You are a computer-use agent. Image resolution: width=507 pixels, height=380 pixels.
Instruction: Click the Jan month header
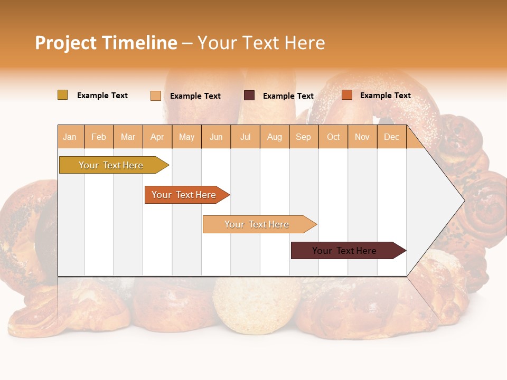(70, 137)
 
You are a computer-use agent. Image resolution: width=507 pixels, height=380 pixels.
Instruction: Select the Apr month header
(157, 137)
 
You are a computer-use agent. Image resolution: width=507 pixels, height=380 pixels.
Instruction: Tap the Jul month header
(246, 137)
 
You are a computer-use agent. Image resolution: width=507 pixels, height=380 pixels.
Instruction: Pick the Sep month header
(303, 137)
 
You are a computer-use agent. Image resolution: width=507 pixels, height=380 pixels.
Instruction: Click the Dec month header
(391, 137)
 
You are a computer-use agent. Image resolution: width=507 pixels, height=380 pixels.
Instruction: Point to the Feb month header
(99, 137)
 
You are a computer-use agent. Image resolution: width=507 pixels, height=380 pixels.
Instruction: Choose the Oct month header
(333, 137)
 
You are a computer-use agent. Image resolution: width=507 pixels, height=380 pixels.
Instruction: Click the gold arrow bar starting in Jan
(111, 165)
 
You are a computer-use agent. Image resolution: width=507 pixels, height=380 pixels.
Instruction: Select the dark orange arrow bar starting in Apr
(184, 195)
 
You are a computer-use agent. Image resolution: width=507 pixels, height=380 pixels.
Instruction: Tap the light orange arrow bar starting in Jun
(257, 224)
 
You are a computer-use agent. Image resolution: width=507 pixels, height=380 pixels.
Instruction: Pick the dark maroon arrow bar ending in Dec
(345, 251)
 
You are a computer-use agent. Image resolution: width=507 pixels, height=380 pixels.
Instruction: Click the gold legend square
(63, 95)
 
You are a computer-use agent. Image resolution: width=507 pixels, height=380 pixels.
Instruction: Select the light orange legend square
(156, 96)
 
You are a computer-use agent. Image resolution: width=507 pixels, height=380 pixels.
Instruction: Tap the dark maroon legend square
(249, 96)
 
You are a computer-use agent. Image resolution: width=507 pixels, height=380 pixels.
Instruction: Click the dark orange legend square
(347, 95)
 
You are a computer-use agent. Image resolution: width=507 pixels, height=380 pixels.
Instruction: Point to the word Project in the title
(65, 43)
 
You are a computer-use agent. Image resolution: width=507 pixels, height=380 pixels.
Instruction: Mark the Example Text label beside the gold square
(102, 96)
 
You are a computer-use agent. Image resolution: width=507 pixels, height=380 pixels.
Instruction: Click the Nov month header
(362, 137)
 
